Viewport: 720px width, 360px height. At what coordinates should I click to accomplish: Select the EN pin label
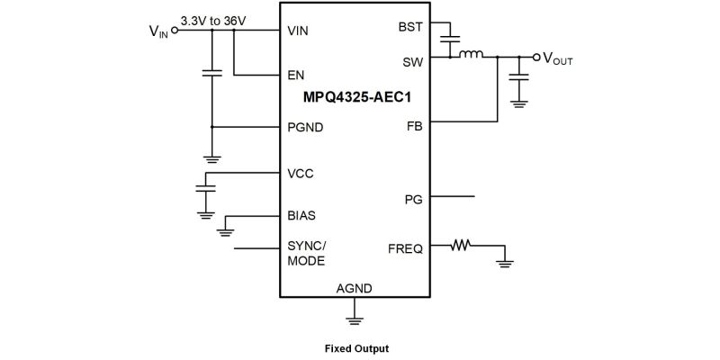coord(296,76)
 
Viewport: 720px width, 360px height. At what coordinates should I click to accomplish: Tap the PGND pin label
coord(305,127)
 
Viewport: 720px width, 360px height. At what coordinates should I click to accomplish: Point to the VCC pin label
coord(301,172)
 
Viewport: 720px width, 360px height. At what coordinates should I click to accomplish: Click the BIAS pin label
coord(301,216)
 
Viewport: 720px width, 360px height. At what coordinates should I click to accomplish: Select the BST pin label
coord(410,27)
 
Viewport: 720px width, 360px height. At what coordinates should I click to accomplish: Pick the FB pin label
coord(414,127)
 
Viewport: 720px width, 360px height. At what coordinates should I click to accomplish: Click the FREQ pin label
coord(405,248)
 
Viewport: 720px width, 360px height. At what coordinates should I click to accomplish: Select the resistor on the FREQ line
coord(462,244)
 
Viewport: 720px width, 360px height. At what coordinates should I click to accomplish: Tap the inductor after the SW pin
coord(472,56)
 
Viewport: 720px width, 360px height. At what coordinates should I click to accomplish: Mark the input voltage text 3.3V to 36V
coord(214,20)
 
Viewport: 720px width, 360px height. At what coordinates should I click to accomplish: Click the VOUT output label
coord(558,59)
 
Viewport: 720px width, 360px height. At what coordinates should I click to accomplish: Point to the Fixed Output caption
coord(356,347)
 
